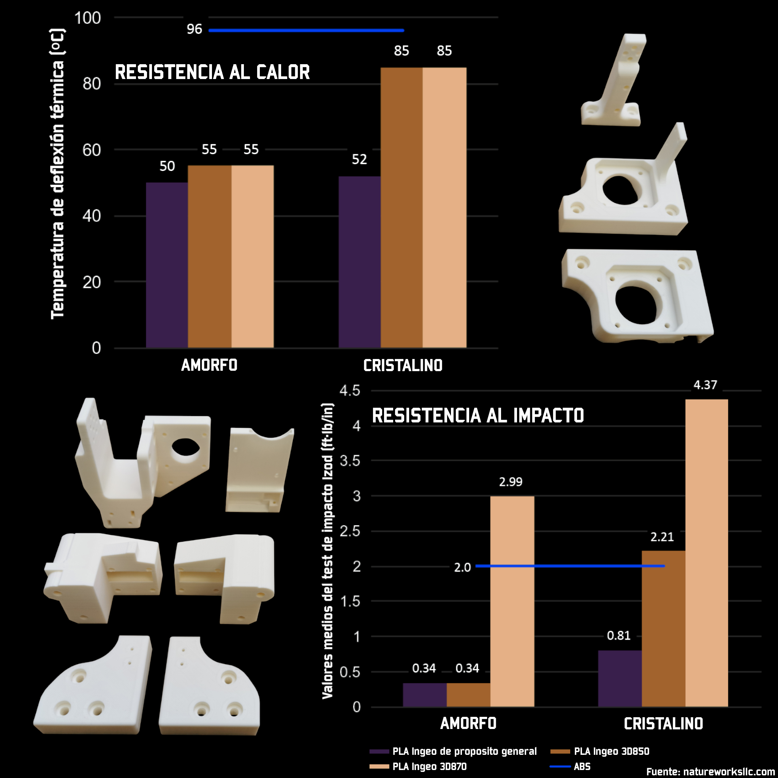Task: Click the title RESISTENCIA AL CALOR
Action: click(212, 73)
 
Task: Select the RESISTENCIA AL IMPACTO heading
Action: click(478, 416)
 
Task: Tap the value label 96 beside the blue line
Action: click(194, 29)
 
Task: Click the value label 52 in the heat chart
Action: click(359, 160)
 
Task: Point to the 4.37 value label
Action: click(705, 385)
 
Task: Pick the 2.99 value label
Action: click(511, 482)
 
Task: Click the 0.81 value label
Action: click(618, 636)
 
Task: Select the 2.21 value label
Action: click(662, 537)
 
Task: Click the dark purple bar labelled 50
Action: click(167, 265)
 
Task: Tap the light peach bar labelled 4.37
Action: click(706, 553)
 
